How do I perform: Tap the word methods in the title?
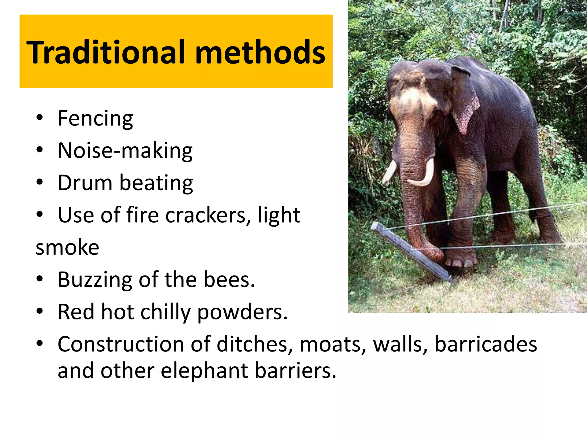tap(260, 52)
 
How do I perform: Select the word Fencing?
tap(95, 118)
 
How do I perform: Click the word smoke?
tap(67, 247)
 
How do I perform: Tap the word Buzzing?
tap(95, 280)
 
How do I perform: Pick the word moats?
tap(332, 344)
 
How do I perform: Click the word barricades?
tap(486, 344)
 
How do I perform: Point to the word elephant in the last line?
tap(204, 370)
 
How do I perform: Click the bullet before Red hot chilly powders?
tap(40, 311)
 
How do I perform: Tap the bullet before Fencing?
tap(40, 117)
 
